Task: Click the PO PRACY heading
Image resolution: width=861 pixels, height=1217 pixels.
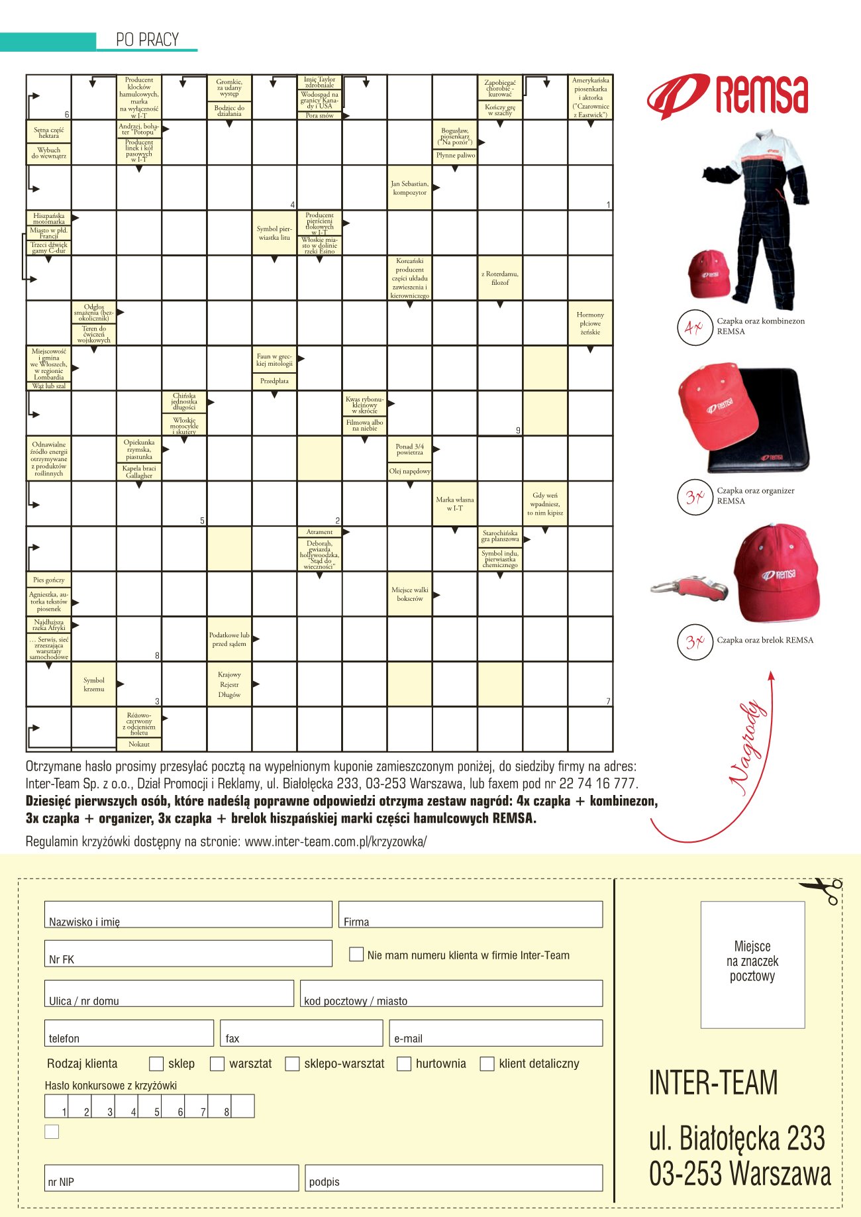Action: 147,40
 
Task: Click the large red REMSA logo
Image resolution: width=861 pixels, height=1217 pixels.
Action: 727,95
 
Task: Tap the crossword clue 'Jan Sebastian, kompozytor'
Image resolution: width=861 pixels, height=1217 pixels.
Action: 409,188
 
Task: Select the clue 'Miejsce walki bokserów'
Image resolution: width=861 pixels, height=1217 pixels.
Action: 409,594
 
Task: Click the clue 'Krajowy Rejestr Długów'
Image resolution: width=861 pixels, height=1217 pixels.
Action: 229,684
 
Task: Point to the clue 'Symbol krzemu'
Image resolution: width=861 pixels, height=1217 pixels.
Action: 94,684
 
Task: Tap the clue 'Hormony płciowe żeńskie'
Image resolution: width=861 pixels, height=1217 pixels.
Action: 590,323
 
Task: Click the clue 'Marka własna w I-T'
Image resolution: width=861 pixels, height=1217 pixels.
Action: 455,503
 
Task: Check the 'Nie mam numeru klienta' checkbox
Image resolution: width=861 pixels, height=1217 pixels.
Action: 356,955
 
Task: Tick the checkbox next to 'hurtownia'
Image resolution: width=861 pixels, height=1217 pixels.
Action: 404,1064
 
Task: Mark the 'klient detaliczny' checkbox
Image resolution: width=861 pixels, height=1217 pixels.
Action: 487,1064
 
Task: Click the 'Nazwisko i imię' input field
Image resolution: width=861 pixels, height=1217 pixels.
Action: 188,914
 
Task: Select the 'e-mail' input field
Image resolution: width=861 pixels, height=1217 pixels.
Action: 496,1033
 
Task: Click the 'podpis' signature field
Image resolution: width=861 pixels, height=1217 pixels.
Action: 454,1178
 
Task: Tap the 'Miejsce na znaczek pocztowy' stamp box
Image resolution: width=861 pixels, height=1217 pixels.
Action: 752,964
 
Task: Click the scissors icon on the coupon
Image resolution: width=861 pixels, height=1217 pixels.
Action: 822,890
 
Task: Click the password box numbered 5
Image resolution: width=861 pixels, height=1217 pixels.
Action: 150,1106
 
